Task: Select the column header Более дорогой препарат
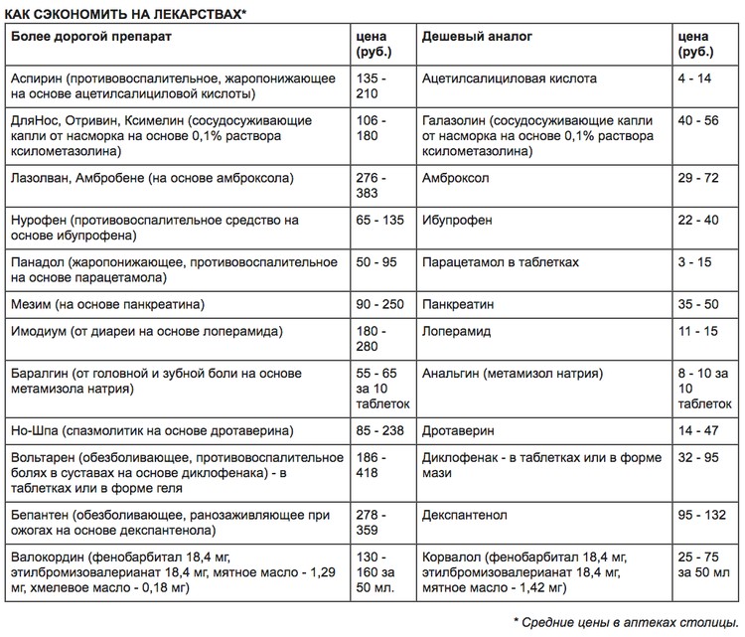pyautogui.click(x=89, y=36)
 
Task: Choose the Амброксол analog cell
pyautogui.click(x=458, y=175)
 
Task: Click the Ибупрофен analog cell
pyautogui.click(x=457, y=219)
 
